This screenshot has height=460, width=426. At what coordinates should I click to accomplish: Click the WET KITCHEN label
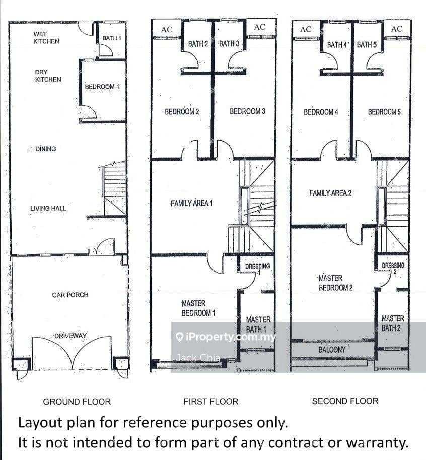tap(46, 38)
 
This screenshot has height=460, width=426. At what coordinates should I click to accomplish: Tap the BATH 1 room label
tap(112, 38)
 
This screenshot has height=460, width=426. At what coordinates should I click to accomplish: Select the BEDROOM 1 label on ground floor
tap(102, 87)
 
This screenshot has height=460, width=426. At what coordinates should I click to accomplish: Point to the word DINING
tap(45, 149)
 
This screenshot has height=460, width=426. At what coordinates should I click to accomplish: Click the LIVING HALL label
tap(48, 208)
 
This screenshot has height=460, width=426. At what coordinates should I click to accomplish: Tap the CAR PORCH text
tap(70, 295)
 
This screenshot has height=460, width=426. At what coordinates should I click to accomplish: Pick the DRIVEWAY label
tap(70, 336)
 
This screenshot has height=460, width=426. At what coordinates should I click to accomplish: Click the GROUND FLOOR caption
tap(77, 402)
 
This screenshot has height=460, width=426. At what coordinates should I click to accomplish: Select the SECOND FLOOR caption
tap(345, 401)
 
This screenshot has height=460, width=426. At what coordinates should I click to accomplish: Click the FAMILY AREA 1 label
tap(192, 203)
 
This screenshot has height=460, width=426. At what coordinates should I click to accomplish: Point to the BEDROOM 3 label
tap(247, 111)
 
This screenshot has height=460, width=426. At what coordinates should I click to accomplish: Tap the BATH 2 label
tap(198, 44)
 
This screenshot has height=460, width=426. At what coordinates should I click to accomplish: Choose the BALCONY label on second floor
tap(332, 349)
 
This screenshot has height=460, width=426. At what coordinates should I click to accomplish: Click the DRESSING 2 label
tap(393, 268)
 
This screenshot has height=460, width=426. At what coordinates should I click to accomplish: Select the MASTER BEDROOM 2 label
tap(335, 283)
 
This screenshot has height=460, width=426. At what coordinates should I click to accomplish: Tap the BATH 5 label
tap(367, 45)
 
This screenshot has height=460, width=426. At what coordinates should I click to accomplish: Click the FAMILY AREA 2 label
tap(330, 193)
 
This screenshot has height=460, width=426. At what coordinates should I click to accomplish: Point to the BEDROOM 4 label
tap(321, 112)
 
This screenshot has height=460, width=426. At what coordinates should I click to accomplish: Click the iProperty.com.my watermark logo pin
tap(179, 337)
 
